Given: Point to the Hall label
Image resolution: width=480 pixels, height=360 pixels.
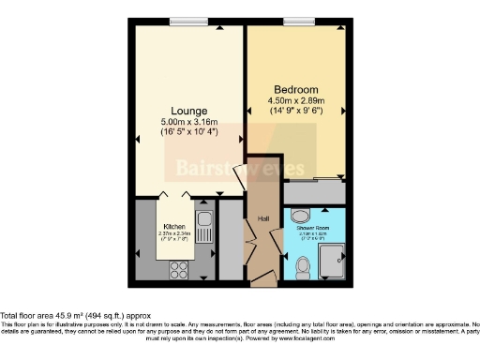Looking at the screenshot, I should [263, 219].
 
